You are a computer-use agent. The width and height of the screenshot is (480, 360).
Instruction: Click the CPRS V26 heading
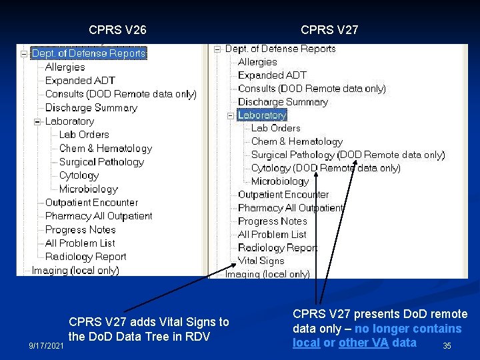click(x=117, y=30)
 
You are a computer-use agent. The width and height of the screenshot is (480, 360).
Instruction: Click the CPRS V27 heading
click(x=329, y=30)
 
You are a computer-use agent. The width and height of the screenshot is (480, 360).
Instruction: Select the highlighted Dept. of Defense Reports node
click(x=89, y=53)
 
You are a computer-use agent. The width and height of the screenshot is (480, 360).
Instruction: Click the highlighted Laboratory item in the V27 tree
click(x=262, y=115)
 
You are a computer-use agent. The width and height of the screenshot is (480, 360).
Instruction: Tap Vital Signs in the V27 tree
click(x=261, y=261)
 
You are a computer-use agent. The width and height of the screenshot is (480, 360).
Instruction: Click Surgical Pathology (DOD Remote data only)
click(x=347, y=155)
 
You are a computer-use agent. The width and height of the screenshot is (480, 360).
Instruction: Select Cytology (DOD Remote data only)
click(x=325, y=168)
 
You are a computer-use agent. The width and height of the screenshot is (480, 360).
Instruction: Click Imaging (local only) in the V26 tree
click(x=75, y=270)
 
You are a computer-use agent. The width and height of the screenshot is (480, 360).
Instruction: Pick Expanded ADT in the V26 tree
click(x=80, y=81)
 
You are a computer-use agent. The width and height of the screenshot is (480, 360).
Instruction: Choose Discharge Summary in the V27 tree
click(x=283, y=102)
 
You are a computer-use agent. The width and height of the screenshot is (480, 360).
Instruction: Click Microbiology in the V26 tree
click(x=88, y=189)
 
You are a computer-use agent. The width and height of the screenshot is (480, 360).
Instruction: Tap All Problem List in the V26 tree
click(x=80, y=243)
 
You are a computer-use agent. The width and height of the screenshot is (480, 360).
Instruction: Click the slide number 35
click(x=447, y=346)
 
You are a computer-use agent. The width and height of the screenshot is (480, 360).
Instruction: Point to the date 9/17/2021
click(x=46, y=346)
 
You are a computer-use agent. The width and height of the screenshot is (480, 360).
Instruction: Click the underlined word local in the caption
click(x=306, y=343)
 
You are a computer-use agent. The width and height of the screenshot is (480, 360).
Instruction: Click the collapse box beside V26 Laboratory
click(x=38, y=121)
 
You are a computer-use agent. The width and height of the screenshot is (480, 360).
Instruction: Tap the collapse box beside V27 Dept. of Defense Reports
click(x=217, y=49)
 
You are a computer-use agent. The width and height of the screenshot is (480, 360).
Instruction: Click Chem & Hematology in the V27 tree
click(x=297, y=141)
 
